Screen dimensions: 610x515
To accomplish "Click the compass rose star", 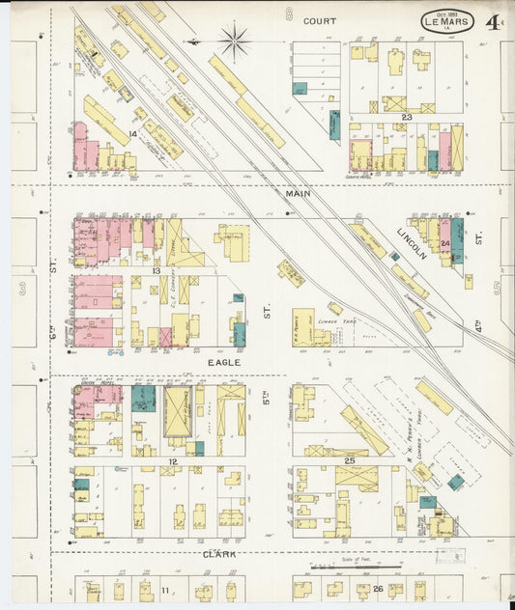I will [x=233, y=41].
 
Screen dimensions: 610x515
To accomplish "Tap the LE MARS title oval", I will [x=447, y=21].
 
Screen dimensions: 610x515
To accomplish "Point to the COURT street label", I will [x=319, y=20].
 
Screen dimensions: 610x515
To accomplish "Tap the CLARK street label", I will [x=220, y=554].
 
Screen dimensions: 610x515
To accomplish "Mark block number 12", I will [x=173, y=462].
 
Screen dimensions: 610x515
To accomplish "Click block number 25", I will [x=349, y=460].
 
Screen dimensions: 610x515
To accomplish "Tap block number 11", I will [x=165, y=589].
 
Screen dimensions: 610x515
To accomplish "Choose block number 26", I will [x=377, y=589].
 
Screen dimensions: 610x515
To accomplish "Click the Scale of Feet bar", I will [x=357, y=567].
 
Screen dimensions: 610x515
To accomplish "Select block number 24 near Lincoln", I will [x=444, y=244].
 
